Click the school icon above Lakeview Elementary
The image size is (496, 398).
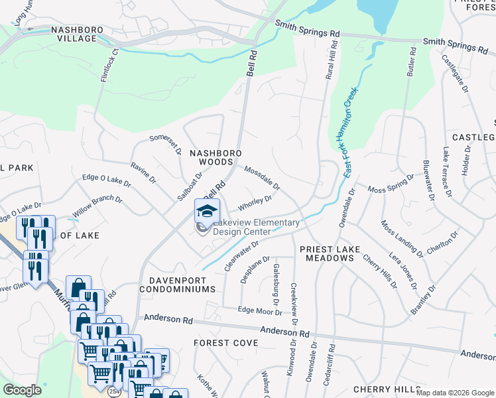point(207,212)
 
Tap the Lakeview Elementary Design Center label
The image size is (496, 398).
point(255,228)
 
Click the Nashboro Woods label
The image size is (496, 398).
point(212,157)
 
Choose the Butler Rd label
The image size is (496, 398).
point(411,62)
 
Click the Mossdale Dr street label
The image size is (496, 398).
point(263,177)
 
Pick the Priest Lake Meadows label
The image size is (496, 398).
point(330,253)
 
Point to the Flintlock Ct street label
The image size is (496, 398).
point(109,64)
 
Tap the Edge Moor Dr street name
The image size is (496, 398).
point(260,310)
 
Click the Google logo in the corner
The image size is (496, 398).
point(22,389)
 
